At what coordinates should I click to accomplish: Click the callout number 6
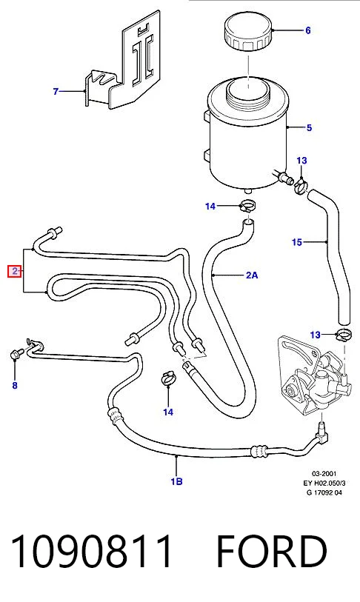click(307, 30)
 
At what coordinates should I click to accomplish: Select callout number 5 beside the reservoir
click(310, 127)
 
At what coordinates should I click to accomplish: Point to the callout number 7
click(56, 91)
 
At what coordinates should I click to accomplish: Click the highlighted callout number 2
click(15, 272)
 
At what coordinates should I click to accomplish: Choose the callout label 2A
click(252, 275)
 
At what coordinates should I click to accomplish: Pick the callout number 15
click(297, 242)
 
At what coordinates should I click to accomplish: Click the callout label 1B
click(176, 481)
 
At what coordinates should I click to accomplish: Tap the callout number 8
click(15, 385)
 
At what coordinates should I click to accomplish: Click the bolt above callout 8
click(16, 354)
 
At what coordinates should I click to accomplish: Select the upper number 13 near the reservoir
click(302, 161)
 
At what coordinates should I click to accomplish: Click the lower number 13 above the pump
click(315, 335)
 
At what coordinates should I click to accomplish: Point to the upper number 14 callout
click(210, 206)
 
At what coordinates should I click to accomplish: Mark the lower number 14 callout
click(168, 412)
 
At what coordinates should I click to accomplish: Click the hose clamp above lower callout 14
click(168, 378)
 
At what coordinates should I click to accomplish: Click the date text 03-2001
click(324, 474)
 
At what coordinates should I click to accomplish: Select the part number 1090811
click(91, 552)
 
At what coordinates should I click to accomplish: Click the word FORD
click(272, 552)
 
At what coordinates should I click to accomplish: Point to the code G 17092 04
click(324, 492)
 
